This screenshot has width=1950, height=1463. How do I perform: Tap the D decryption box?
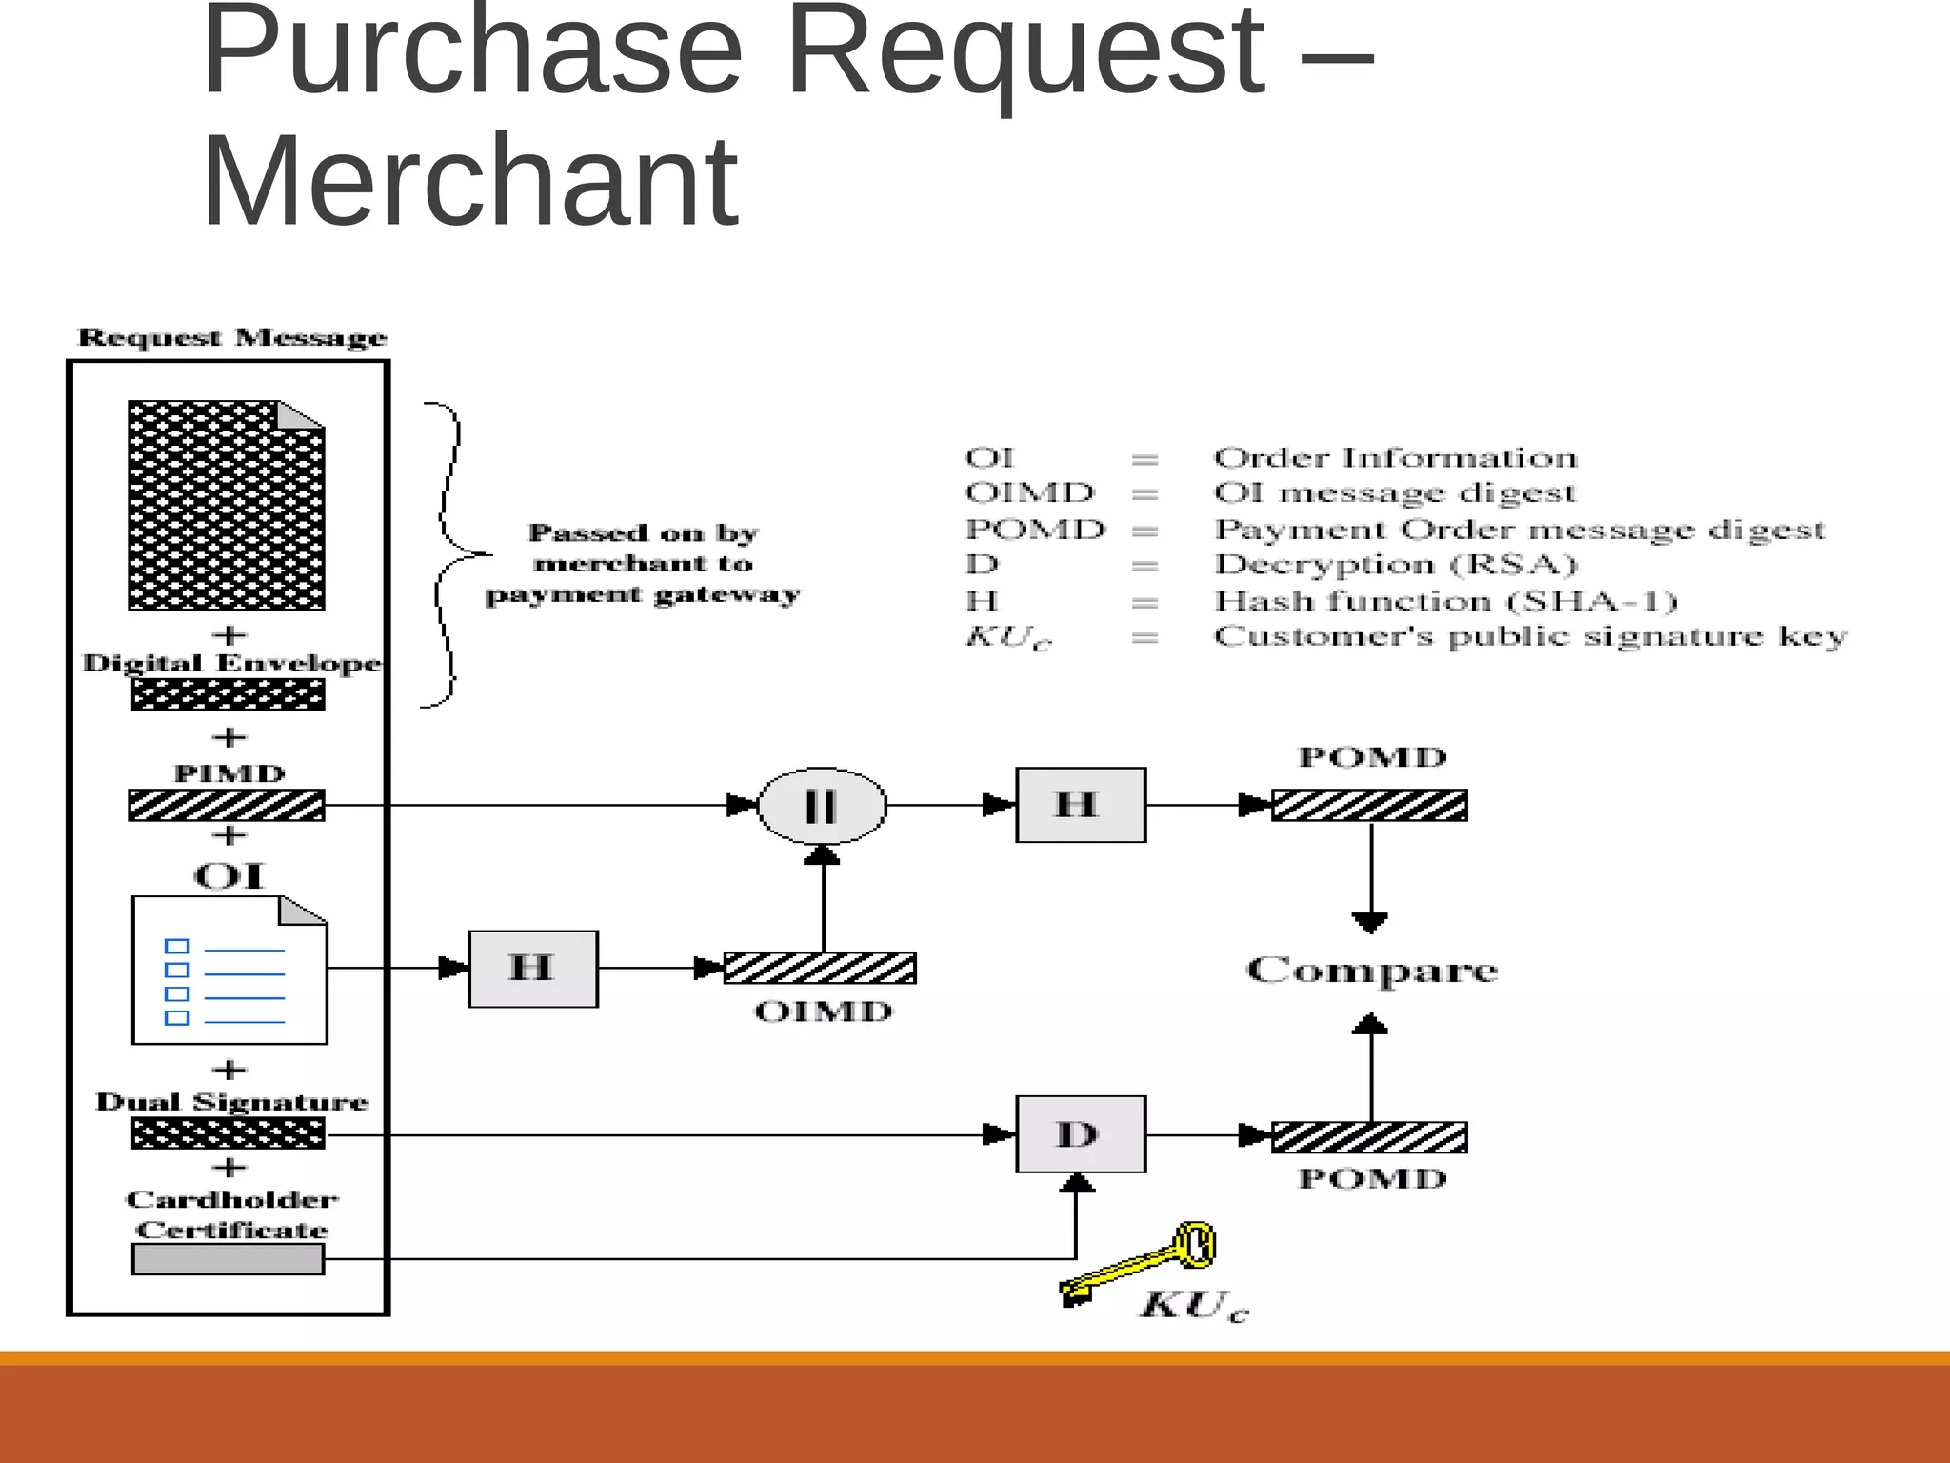coord(1080,1134)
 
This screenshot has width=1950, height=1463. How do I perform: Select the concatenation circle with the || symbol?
coord(821,806)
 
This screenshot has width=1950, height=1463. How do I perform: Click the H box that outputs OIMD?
coord(532,969)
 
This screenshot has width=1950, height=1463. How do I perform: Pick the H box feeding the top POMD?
coord(1080,805)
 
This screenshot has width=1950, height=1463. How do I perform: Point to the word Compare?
coord(1371,971)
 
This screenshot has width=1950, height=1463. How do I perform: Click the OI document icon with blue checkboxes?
coord(229,971)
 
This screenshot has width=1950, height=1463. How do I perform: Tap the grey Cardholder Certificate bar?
coord(228,1259)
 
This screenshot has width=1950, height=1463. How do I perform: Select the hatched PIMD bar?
coord(227,806)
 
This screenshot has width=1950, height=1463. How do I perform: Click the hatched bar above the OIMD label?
coord(820,969)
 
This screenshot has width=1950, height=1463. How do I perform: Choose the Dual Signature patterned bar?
coord(228,1133)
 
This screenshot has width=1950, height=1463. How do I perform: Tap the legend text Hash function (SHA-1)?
coord(1444,601)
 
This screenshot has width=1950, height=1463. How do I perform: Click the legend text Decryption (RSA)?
coord(1395,565)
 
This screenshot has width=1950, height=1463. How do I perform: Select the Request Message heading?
coord(232,337)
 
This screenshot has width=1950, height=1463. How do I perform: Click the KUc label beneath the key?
coord(1193,1305)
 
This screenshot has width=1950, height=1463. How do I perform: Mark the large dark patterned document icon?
coord(227,505)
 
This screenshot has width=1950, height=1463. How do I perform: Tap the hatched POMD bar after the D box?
coord(1369,1137)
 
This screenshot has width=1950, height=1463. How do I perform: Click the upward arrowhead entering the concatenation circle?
coord(822,855)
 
